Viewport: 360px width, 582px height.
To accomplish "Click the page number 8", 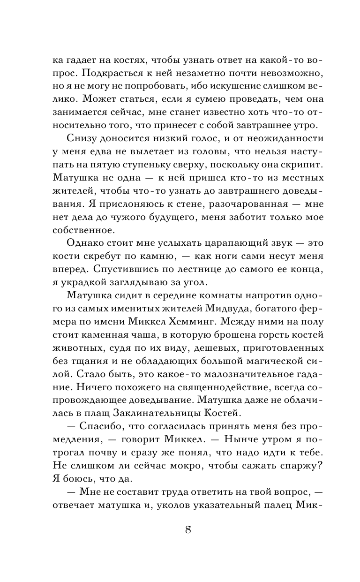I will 187,530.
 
